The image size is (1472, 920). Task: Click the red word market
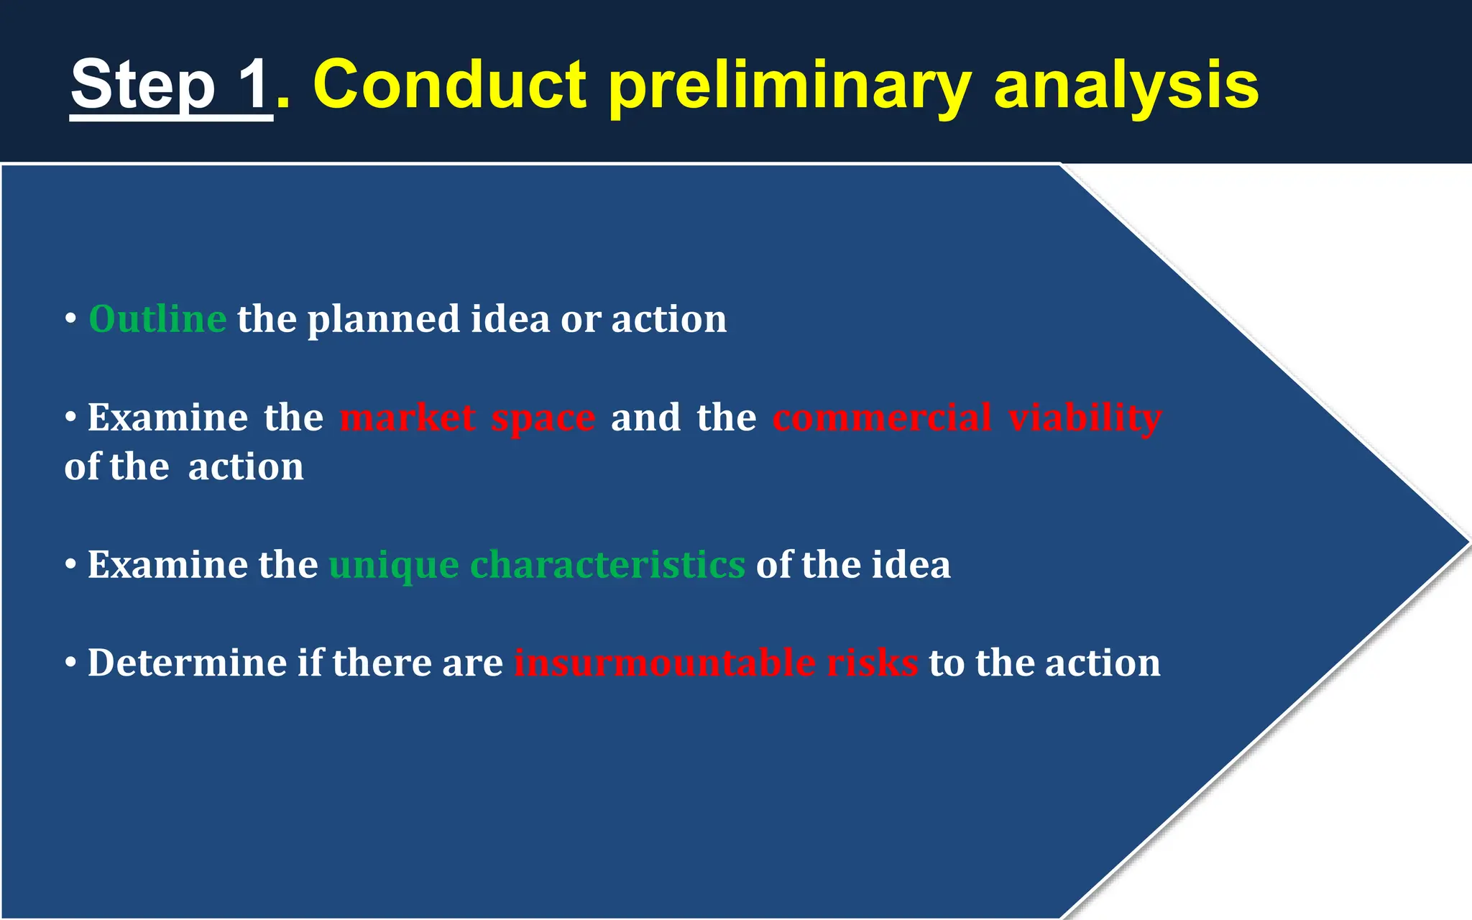point(408,418)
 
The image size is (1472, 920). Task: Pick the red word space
point(543,419)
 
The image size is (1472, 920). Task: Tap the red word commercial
point(882,418)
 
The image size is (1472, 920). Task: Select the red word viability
point(1085,418)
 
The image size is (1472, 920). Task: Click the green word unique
point(394,566)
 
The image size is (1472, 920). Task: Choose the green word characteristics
point(607,564)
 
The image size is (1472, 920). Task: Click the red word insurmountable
point(665,662)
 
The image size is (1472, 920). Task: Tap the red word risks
point(872,662)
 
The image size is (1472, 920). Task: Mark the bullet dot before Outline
point(70,318)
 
